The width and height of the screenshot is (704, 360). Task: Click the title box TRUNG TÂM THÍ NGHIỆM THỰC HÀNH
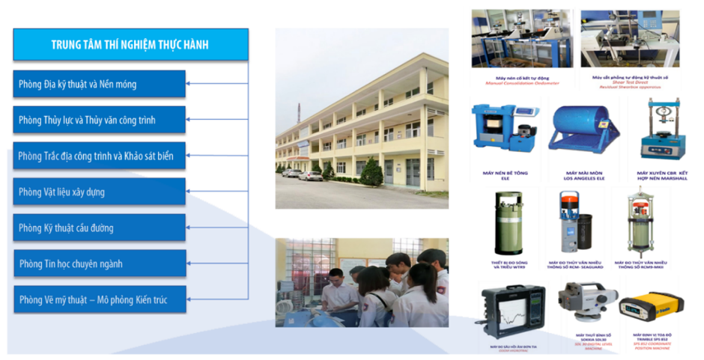130,45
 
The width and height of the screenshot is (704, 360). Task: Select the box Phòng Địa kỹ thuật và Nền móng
100,85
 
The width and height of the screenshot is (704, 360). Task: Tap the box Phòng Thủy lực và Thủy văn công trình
100,120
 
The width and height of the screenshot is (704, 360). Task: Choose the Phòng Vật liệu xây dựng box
100,192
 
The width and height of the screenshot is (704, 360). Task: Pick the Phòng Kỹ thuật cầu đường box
100,228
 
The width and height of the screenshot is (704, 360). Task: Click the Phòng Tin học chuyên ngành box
100,263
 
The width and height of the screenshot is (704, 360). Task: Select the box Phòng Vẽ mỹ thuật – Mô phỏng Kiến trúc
100,300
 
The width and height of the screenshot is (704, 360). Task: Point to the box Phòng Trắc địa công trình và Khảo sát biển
100,156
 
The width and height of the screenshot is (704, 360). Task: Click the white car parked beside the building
310,176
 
